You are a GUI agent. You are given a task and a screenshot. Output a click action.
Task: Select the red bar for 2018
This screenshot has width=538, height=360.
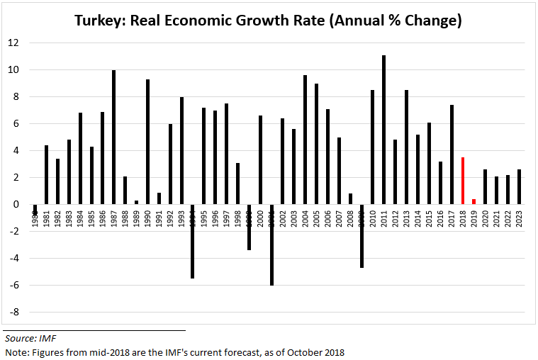462,181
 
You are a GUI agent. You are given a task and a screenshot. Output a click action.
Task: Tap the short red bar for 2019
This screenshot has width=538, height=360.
473,201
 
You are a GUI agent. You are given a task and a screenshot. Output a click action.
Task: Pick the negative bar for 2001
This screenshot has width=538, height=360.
271,244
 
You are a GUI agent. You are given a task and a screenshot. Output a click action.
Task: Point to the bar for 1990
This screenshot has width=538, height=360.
147,142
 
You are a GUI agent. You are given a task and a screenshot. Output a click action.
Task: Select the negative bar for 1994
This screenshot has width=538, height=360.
192,241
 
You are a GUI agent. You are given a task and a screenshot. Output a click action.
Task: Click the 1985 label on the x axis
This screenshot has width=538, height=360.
91,217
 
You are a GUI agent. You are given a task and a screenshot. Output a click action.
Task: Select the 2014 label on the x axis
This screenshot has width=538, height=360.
417,217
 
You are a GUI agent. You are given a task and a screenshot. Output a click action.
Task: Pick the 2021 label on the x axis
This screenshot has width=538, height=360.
496,217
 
